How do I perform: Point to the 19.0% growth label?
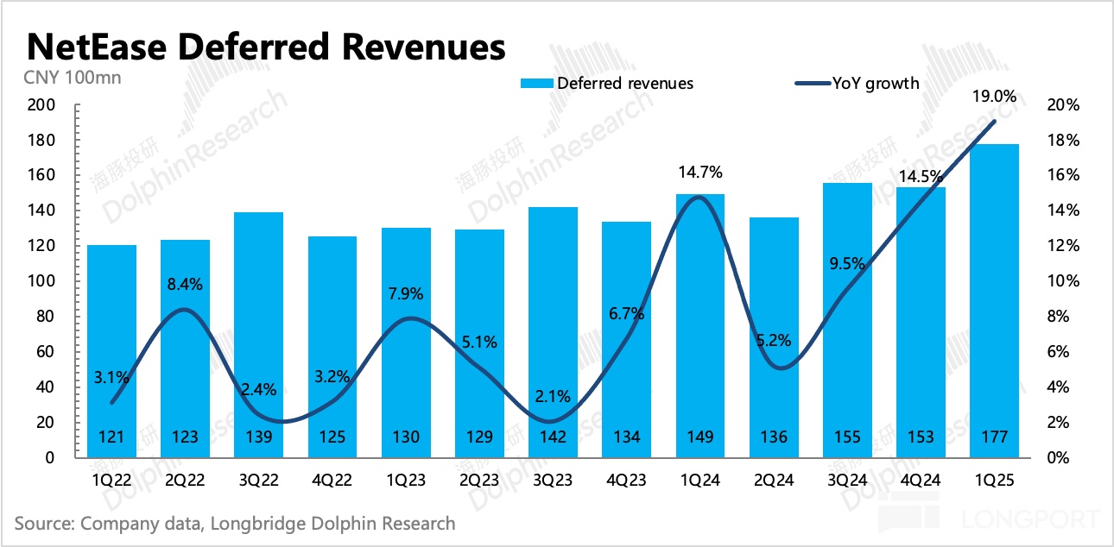(994, 97)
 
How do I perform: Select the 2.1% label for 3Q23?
(553, 397)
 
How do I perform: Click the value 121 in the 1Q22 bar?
(111, 437)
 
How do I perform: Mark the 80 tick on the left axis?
(47, 317)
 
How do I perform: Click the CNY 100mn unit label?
(67, 78)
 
